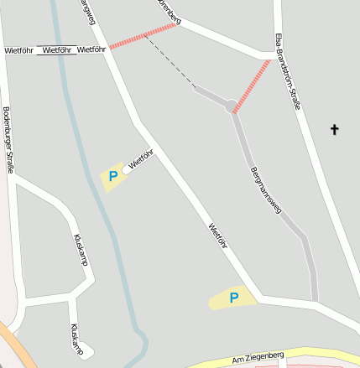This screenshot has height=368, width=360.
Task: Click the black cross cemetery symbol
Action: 335,129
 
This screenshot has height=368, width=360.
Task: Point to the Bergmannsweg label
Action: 265,192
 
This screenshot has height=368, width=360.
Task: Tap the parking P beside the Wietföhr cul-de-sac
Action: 112,177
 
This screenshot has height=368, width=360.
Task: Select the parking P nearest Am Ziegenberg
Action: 234,298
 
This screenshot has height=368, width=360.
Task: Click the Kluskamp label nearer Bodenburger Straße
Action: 81,251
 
